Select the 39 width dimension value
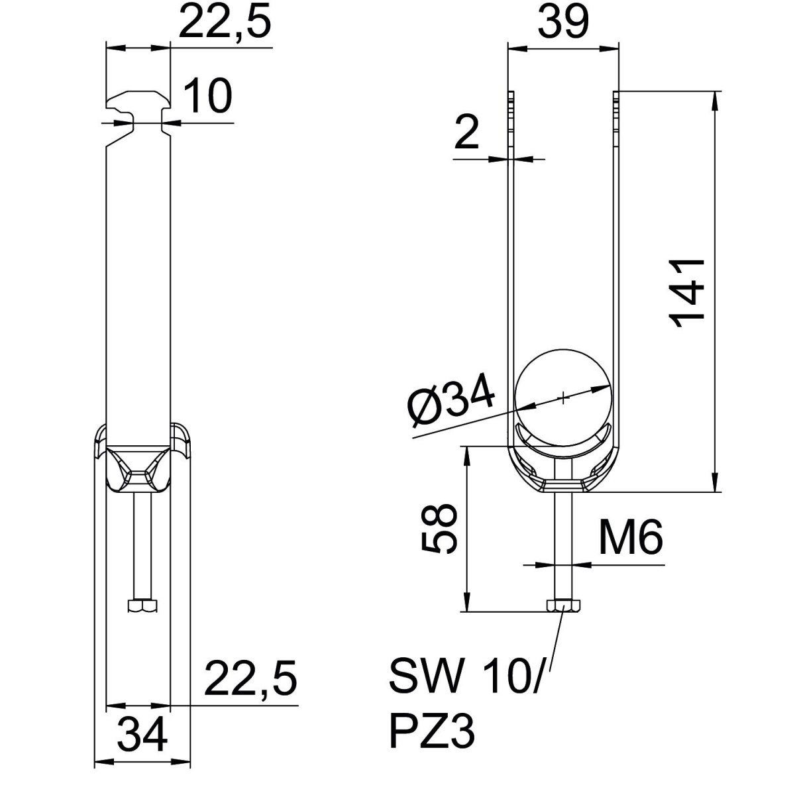tap(562, 22)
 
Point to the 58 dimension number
tap(439, 527)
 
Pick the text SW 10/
tap(464, 676)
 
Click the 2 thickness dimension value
tap(468, 134)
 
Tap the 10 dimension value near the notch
tap(207, 95)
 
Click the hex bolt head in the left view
tap(142, 606)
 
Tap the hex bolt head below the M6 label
tap(562, 606)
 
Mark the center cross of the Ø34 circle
tap(562, 397)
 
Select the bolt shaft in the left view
tap(142, 547)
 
